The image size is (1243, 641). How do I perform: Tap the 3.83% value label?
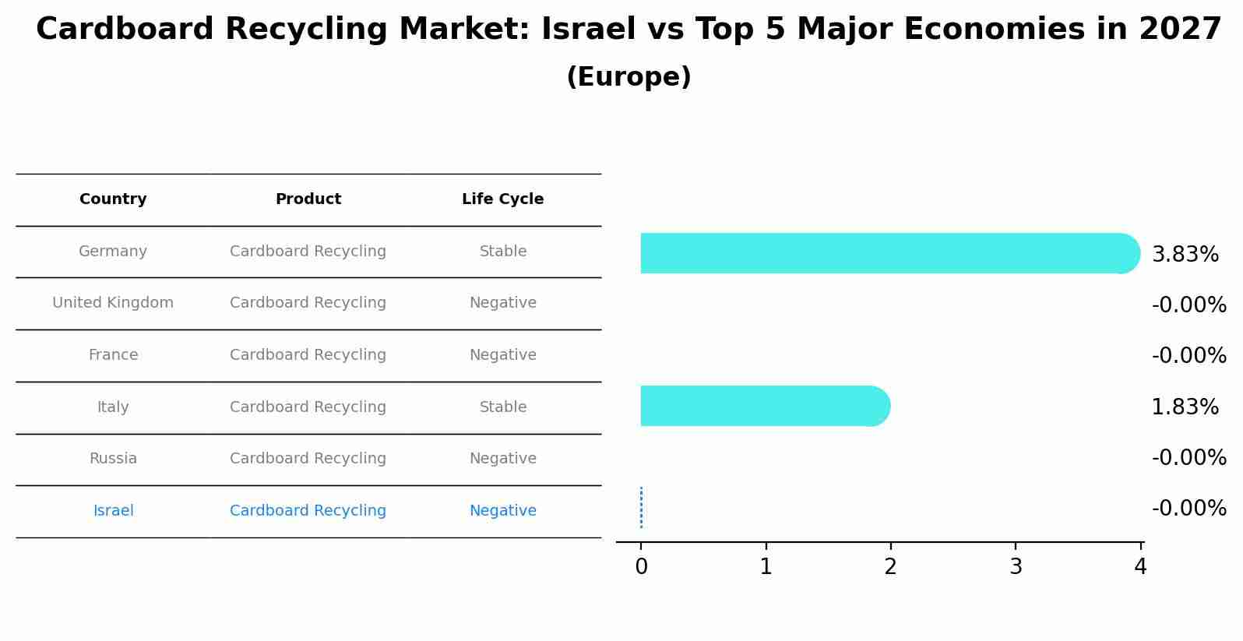(x=1185, y=255)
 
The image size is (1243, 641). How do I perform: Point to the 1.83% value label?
(x=1185, y=407)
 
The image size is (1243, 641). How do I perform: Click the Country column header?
(x=113, y=199)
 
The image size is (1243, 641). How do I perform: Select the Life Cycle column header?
(x=502, y=199)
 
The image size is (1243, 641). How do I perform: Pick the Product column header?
(x=308, y=199)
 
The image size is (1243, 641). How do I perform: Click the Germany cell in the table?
(x=113, y=252)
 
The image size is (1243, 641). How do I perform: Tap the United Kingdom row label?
(x=113, y=303)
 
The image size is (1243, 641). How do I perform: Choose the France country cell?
(x=113, y=355)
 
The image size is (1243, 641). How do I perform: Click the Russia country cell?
(x=113, y=459)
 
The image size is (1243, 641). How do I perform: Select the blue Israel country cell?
(x=113, y=511)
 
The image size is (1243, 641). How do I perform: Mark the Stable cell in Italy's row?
(x=502, y=407)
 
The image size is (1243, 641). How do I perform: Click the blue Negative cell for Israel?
(x=502, y=511)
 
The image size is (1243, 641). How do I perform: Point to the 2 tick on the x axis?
(x=890, y=567)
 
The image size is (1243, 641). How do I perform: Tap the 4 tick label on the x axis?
(x=1140, y=567)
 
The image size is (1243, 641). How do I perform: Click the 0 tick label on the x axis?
(x=641, y=567)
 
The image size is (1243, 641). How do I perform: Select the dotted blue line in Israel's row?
(x=641, y=508)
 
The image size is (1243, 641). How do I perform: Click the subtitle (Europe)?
(x=629, y=77)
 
